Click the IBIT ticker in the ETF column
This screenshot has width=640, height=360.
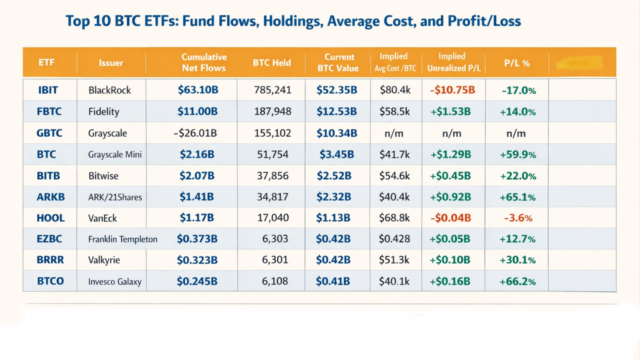click(x=48, y=90)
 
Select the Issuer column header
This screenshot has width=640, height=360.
click(x=111, y=63)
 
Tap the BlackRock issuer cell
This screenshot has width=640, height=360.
click(x=109, y=90)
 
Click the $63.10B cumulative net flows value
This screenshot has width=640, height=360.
click(x=198, y=90)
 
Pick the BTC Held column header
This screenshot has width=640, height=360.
click(x=272, y=63)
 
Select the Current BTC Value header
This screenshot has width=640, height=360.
click(x=339, y=62)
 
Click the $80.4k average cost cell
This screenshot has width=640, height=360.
click(x=394, y=90)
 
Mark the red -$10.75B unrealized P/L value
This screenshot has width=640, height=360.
click(x=452, y=90)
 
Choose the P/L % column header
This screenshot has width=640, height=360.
click(x=517, y=63)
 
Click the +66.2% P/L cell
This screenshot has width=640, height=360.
click(x=517, y=281)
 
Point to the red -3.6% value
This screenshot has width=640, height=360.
click(x=517, y=218)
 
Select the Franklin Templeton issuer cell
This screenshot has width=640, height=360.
click(x=122, y=239)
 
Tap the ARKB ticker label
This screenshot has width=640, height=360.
click(x=50, y=197)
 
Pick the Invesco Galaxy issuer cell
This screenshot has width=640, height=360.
click(x=114, y=282)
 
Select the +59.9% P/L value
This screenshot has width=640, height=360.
click(x=517, y=154)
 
